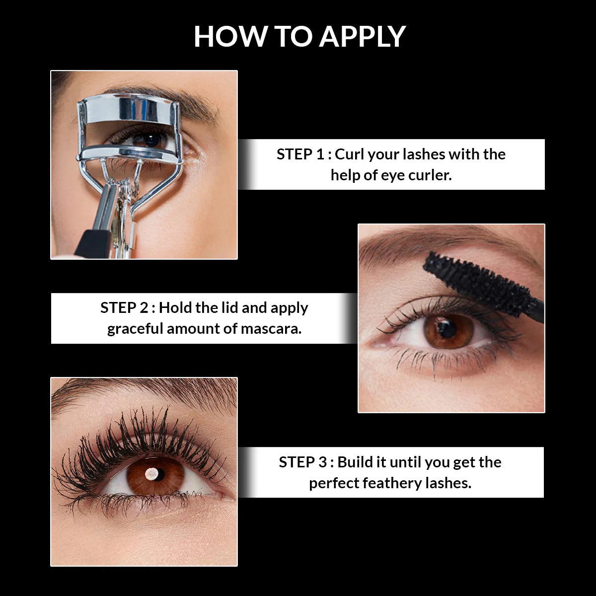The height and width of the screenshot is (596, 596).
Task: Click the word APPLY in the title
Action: point(363,36)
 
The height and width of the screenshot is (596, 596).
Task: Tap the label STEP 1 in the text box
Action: point(300,154)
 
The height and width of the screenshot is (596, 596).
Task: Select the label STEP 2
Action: point(124,307)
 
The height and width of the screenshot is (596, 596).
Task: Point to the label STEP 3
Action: point(302,462)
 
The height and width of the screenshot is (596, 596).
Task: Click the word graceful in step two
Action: point(135,329)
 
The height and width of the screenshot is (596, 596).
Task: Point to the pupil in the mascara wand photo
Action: point(447,328)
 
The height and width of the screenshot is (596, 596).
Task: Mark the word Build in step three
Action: point(355,462)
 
